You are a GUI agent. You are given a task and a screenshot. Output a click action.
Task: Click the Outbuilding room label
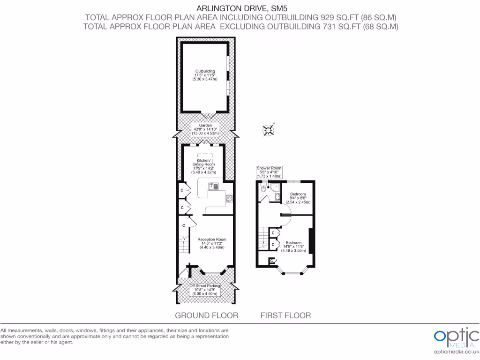click(x=205, y=75)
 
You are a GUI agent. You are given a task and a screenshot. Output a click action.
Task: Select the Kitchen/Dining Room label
click(x=204, y=165)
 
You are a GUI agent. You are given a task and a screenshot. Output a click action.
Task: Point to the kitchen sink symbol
click(x=214, y=187)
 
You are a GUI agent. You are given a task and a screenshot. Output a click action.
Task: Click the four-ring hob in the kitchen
click(x=229, y=198)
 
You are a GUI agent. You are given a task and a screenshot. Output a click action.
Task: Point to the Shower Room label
click(x=269, y=172)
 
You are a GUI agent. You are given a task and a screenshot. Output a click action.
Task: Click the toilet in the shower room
click(x=263, y=189)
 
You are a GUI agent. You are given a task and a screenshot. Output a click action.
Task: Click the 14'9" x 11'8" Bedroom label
click(x=294, y=247)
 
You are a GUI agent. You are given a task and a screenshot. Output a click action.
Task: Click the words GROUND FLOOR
click(x=206, y=315)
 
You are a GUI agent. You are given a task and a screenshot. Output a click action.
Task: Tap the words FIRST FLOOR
click(x=285, y=315)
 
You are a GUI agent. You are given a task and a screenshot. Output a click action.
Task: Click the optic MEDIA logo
click(x=455, y=337)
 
